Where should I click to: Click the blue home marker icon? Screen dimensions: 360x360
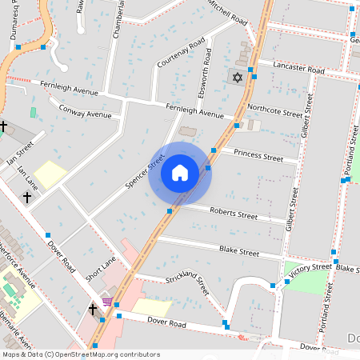(x=180, y=173)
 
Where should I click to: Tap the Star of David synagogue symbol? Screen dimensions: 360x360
(x=235, y=78)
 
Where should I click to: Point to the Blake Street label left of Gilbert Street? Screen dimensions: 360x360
(x=238, y=251)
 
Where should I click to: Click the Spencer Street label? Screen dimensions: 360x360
(x=144, y=171)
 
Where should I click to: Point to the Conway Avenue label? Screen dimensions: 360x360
(x=85, y=114)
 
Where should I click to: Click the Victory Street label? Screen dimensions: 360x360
(x=310, y=270)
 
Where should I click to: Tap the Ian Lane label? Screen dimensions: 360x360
(x=27, y=174)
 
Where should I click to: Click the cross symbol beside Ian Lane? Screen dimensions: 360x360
(x=26, y=196)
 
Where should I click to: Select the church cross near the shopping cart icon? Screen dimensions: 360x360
(x=92, y=308)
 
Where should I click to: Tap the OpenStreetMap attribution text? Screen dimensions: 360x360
(x=80, y=354)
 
